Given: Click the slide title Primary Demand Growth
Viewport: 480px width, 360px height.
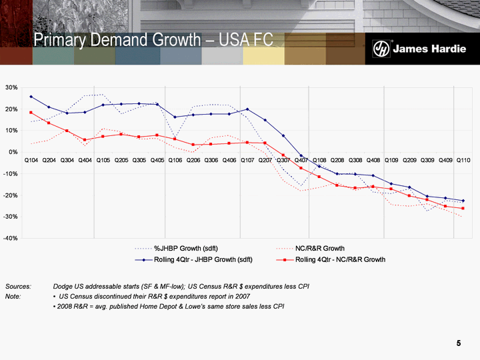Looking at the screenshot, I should pos(154,40).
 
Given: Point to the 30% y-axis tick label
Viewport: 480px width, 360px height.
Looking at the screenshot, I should pos(11,87).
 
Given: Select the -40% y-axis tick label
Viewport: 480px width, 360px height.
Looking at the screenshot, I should pos(10,238).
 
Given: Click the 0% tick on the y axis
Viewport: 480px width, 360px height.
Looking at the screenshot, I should pos(13,152).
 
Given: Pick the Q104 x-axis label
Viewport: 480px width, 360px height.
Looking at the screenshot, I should pos(31,161).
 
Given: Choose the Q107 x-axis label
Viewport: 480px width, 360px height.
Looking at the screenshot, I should pos(247,161).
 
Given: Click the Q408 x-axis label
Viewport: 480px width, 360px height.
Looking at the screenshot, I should pos(373,161).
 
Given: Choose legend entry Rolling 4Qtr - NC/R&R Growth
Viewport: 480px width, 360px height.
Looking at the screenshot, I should pos(340,259).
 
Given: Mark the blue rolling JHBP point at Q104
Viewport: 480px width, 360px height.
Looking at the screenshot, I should pos(31,97).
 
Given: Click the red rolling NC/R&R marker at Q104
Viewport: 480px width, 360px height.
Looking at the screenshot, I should pos(31,112).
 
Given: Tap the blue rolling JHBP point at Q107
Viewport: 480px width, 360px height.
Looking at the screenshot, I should pos(247,109).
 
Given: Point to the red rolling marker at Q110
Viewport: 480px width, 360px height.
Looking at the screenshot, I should pos(463,209).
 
